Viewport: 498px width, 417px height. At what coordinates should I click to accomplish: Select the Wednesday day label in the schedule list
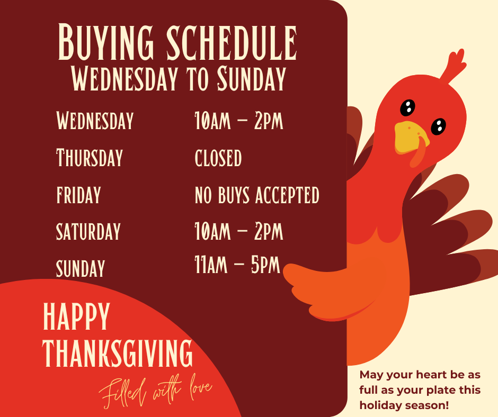click(95, 121)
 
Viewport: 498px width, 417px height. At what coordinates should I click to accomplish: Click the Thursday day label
click(90, 158)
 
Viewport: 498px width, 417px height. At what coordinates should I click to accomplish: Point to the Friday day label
click(78, 195)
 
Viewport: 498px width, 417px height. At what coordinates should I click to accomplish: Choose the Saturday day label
click(88, 231)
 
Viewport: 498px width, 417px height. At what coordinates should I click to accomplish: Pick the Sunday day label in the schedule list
click(81, 268)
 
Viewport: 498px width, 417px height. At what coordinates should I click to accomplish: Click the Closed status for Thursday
click(218, 158)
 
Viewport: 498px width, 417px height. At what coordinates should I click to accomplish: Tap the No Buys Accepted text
click(257, 195)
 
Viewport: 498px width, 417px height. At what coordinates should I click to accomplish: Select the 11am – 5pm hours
click(237, 265)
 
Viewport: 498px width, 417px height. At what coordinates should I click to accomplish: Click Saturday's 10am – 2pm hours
click(239, 231)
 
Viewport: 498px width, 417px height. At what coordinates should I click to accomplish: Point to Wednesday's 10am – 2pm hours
click(239, 121)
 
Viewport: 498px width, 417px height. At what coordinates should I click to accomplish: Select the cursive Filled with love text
click(156, 392)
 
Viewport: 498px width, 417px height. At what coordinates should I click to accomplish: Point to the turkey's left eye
click(407, 107)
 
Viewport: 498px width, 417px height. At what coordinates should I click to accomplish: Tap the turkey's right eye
click(438, 126)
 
